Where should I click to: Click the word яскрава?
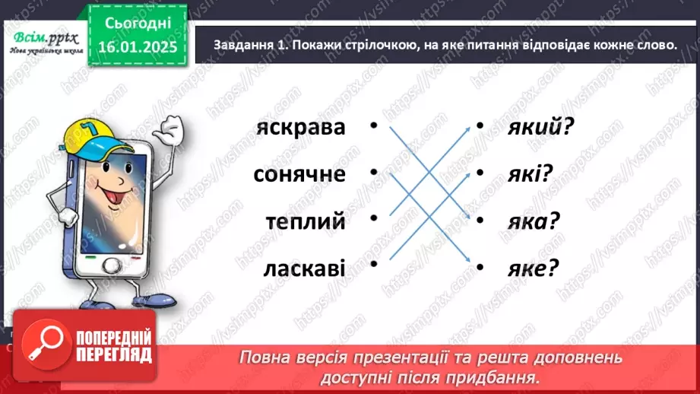pos(301,128)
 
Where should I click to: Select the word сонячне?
pos(299,175)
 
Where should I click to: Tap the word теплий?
pos(306,221)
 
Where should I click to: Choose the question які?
pos(529,175)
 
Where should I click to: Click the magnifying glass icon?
pos(41,343)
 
